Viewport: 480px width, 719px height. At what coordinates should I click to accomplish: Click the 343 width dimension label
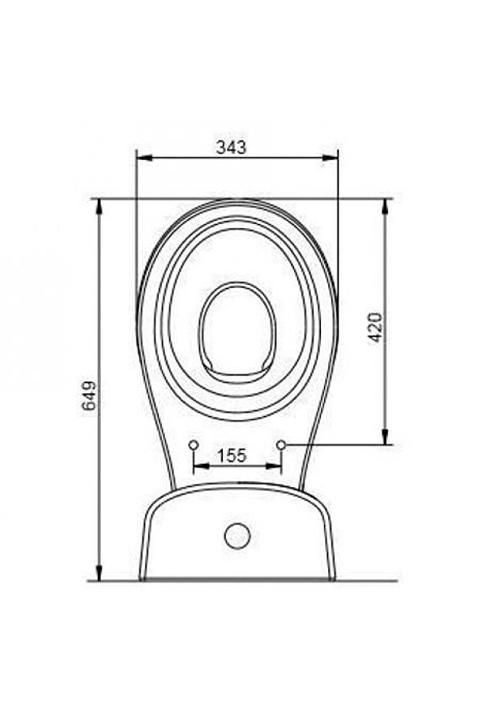pyautogui.click(x=231, y=147)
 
